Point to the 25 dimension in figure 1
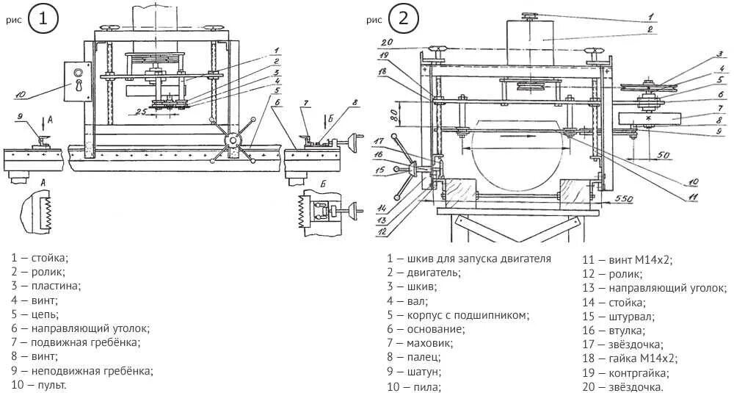point(137,111)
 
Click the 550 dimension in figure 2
point(624,200)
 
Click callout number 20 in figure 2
point(388,41)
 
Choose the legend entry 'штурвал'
point(625,316)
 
